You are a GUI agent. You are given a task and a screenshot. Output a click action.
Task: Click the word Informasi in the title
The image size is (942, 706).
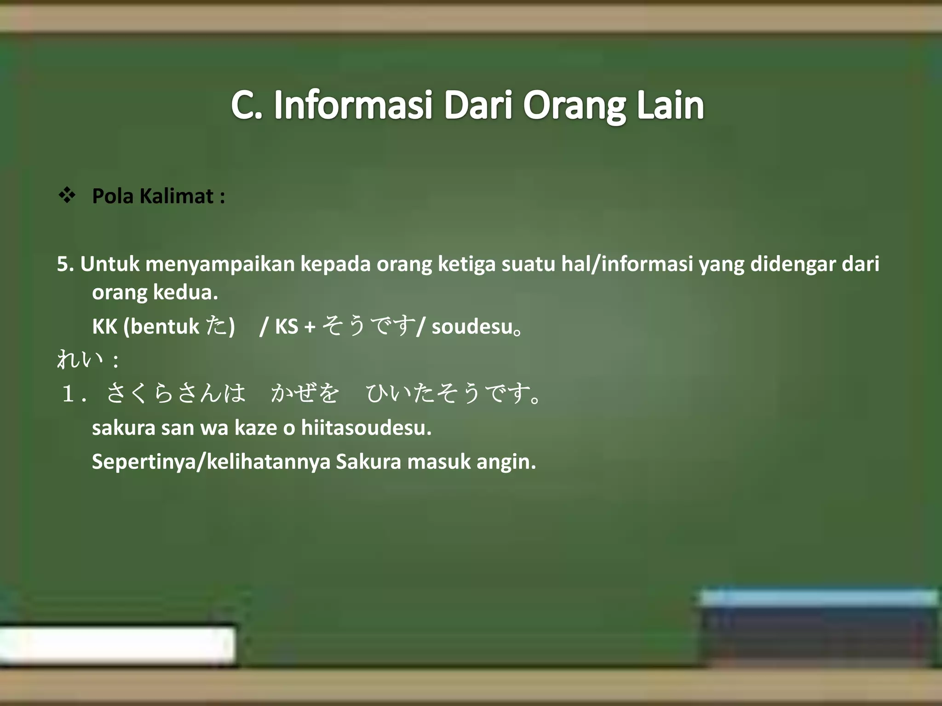(x=353, y=105)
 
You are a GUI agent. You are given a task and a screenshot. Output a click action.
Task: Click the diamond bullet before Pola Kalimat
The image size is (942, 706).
(x=67, y=195)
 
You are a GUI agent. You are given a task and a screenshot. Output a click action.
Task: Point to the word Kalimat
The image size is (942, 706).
(x=176, y=196)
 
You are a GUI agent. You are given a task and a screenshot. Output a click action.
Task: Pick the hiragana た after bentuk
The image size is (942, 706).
(x=216, y=326)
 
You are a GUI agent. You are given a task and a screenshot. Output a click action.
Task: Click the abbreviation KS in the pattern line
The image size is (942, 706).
(x=287, y=327)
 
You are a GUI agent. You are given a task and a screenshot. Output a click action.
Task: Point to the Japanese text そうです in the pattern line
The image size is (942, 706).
(x=368, y=326)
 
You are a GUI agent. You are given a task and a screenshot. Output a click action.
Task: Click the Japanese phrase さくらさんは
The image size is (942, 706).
(x=176, y=393)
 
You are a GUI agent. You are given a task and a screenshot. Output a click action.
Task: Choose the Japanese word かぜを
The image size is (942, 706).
(x=305, y=393)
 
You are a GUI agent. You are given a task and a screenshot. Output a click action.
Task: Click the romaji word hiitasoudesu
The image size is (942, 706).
(x=366, y=428)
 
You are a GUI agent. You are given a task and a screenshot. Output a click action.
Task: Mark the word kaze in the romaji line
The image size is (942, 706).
(x=256, y=428)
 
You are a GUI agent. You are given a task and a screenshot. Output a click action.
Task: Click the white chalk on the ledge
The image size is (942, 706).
(x=117, y=645)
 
